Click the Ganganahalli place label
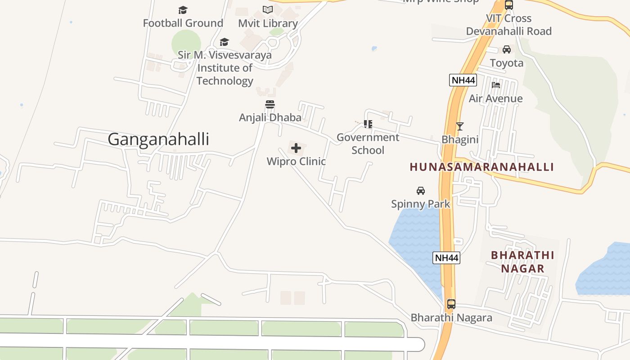158,139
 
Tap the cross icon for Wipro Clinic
296,148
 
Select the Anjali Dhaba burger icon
270,105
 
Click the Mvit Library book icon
268,9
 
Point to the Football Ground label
183,23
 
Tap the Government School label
368,144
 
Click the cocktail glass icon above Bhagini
459,126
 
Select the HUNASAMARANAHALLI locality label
481,167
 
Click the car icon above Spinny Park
421,190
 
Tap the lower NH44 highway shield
446,258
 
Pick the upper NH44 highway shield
463,80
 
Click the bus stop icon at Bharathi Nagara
451,304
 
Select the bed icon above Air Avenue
496,85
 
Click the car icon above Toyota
507,49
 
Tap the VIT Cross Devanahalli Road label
508,25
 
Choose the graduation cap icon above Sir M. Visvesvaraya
224,42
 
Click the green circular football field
186,44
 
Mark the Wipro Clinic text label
296,161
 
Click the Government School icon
368,123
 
